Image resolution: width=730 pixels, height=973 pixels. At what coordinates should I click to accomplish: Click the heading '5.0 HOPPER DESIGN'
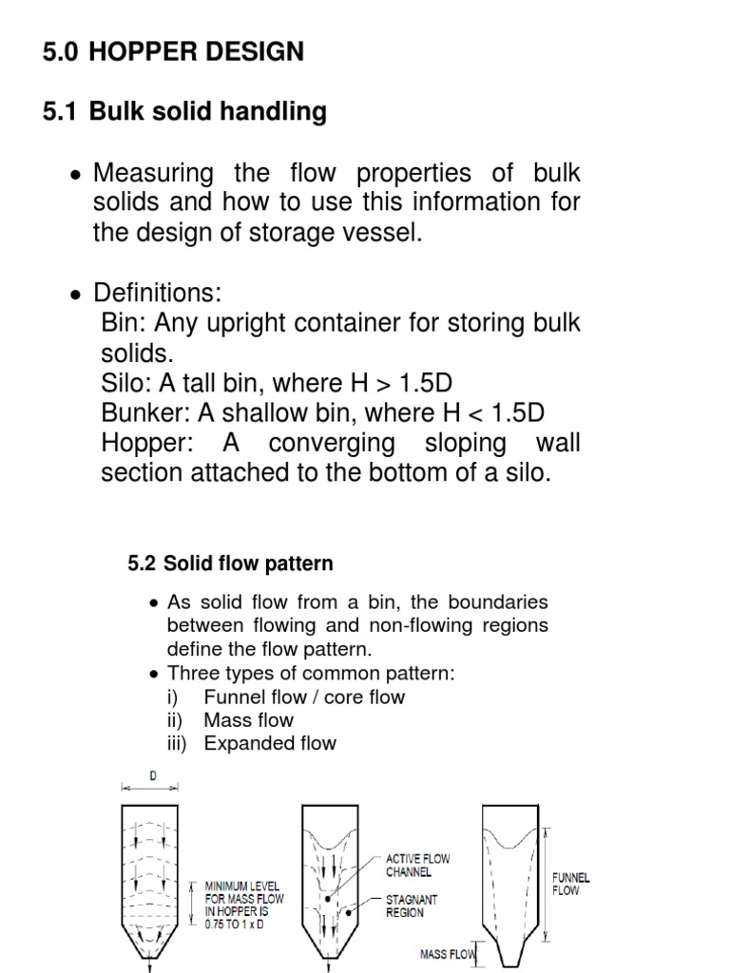tap(174, 52)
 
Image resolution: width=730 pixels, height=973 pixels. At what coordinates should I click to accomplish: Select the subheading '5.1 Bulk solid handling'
tap(185, 112)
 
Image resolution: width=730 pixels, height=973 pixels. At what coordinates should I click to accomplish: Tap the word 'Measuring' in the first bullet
tap(153, 174)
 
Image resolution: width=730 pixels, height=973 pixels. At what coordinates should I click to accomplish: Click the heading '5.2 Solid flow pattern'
tap(230, 563)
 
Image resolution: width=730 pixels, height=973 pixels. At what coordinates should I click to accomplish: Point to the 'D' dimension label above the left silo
tap(152, 775)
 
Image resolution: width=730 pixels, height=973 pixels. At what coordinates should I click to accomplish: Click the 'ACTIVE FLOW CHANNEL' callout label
tap(417, 865)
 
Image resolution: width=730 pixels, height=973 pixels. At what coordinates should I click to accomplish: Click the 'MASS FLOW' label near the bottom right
tap(447, 954)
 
